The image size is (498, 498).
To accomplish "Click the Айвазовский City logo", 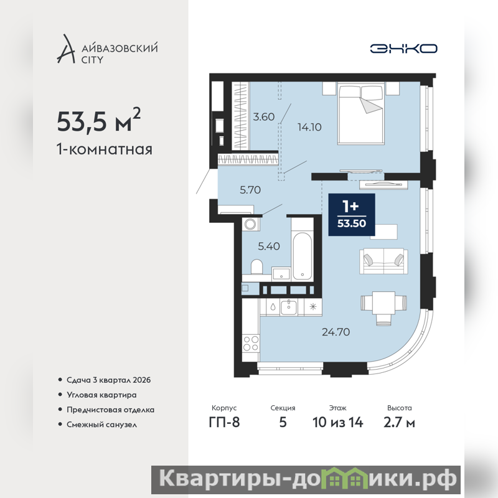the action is tap(107, 49).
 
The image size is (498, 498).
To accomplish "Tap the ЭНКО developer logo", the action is tap(403, 49).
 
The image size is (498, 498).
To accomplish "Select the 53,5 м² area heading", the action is tap(99, 120).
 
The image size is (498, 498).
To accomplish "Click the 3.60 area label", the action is tap(263, 117).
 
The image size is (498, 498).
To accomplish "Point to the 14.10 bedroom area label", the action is tap(309, 127).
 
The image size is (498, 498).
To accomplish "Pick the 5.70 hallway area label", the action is tap(250, 190).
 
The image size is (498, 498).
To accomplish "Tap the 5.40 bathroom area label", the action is tap(269, 246).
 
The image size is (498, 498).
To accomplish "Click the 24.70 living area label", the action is tap(336, 332).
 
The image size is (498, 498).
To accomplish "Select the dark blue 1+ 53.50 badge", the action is tap(352, 215).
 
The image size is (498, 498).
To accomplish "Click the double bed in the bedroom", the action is tap(361, 113).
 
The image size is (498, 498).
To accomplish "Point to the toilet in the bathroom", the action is tap(256, 266).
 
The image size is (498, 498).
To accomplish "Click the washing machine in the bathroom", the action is tap(250, 224).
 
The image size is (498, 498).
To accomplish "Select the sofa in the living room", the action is tap(383, 261).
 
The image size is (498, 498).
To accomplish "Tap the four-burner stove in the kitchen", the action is tap(251, 343).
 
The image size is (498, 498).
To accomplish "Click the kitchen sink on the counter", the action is tap(288, 307).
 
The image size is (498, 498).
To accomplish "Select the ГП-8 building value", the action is tap(224, 423).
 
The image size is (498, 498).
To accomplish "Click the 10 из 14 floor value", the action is tap(337, 423).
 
